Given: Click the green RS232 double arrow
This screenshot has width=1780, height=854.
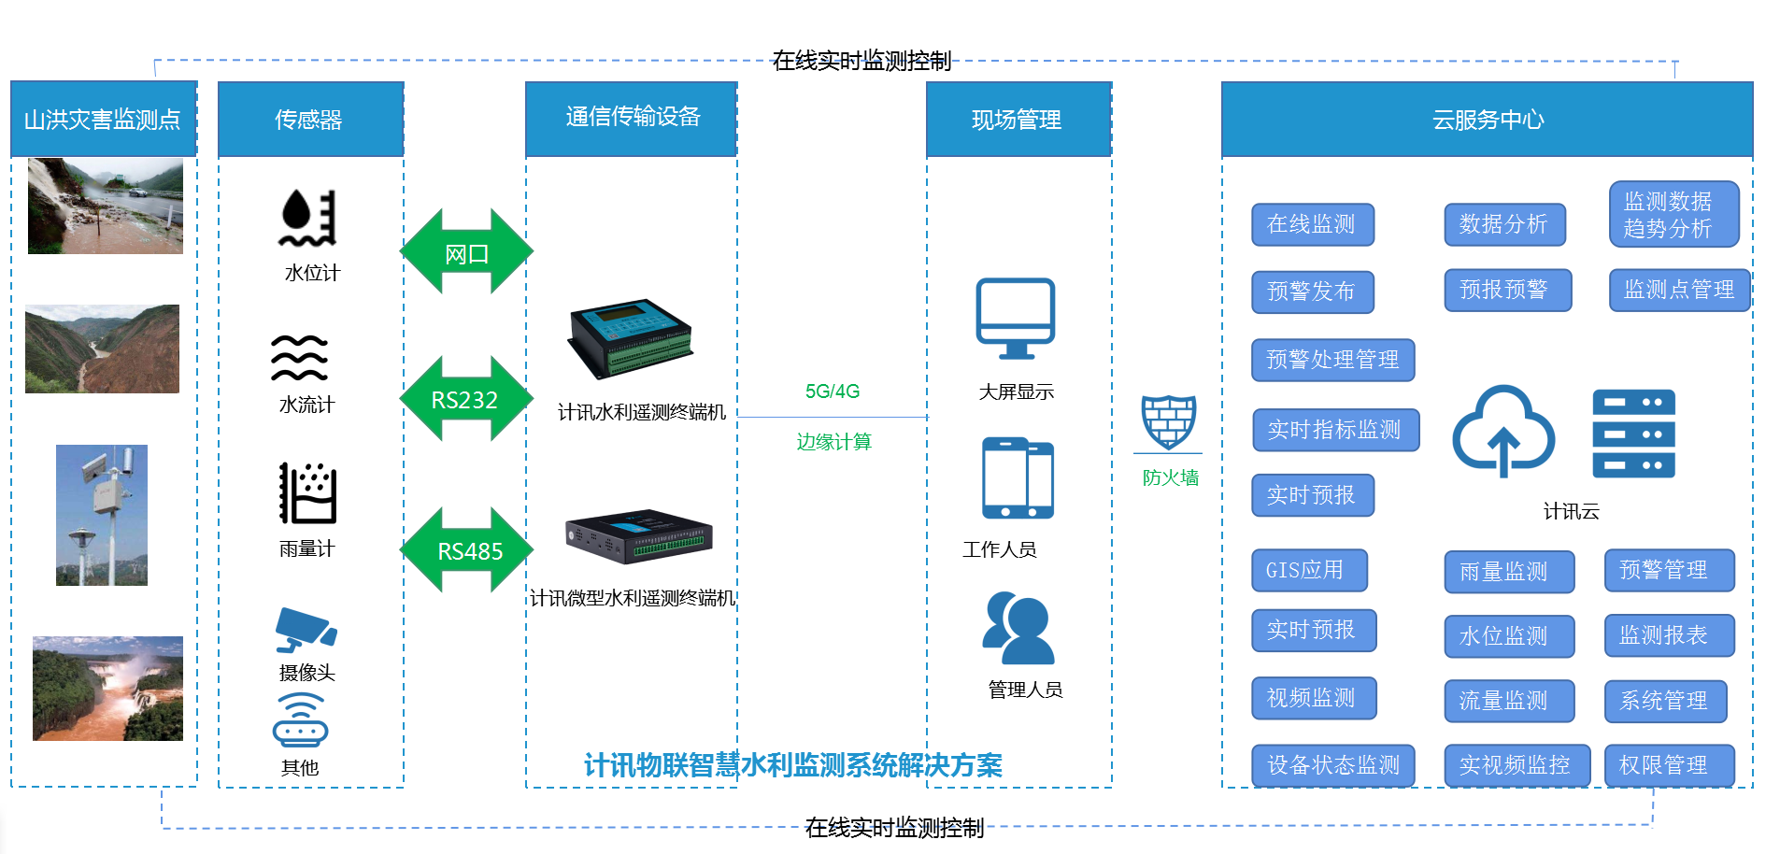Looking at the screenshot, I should tap(465, 399).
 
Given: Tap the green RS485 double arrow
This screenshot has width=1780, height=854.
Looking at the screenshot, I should tap(466, 550).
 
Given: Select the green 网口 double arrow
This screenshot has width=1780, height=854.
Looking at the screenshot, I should tap(466, 252).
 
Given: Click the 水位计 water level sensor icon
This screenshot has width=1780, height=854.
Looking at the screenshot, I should tap(307, 218).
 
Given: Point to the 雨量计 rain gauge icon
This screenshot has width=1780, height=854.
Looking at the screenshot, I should tap(307, 493).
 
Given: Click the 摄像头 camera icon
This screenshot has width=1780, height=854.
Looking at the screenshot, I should tap(306, 631).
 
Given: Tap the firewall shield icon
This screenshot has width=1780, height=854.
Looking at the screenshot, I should tap(1168, 422).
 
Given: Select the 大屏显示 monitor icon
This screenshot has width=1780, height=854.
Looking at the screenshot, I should tap(1016, 318).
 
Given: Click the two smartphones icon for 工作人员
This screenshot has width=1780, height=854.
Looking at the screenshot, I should tap(1018, 478).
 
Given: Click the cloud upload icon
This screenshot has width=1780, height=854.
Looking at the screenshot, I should tap(1502, 431).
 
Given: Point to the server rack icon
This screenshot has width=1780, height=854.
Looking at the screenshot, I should tap(1633, 434).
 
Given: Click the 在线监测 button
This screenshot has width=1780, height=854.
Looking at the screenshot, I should tap(1312, 224).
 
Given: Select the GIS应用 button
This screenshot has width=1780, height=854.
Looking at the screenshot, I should tap(1308, 570).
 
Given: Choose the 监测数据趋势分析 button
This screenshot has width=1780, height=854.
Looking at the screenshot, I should tap(1673, 214).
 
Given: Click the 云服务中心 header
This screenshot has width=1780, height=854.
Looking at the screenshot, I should tap(1487, 120).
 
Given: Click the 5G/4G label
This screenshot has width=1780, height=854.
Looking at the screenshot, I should tap(832, 391).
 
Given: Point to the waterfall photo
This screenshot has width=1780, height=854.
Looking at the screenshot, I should tap(107, 689).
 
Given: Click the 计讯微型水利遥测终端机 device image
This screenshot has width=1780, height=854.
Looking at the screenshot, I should tap(639, 536).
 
